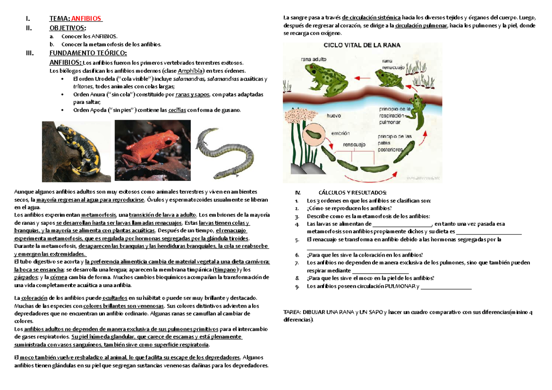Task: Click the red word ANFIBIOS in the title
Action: (x=86, y=19)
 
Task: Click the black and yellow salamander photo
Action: (x=76, y=151)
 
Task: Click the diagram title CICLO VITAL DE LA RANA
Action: (x=362, y=45)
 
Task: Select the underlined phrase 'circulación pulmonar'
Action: (x=421, y=26)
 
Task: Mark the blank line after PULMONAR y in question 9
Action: (x=446, y=287)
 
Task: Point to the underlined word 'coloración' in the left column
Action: (x=34, y=298)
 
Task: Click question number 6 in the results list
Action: (x=297, y=254)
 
